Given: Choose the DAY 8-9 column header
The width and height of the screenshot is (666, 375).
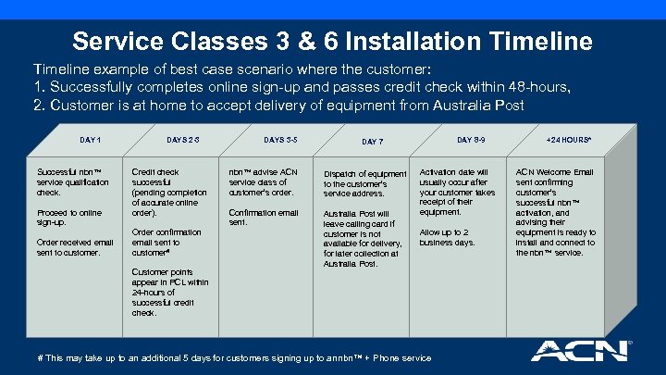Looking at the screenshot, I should [470, 139].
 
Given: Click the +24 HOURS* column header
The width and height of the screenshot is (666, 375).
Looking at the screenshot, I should [568, 139].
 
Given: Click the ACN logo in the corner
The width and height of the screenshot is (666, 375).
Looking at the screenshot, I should [580, 351].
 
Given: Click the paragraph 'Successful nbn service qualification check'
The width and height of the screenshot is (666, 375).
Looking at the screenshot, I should [68, 182].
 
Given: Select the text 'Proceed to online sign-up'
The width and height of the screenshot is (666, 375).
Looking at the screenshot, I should [70, 218].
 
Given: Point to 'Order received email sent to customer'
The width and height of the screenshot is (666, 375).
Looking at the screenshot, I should [75, 246].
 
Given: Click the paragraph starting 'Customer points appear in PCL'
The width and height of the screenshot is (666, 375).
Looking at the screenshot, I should [169, 292].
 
